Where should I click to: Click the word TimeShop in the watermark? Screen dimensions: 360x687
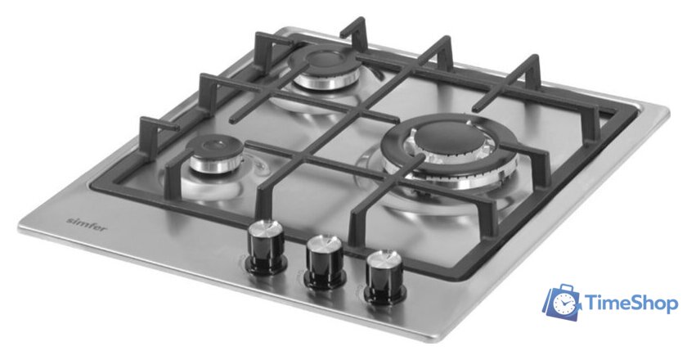631,304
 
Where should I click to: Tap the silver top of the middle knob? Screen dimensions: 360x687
325,245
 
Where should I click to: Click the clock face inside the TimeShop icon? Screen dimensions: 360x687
562,305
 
